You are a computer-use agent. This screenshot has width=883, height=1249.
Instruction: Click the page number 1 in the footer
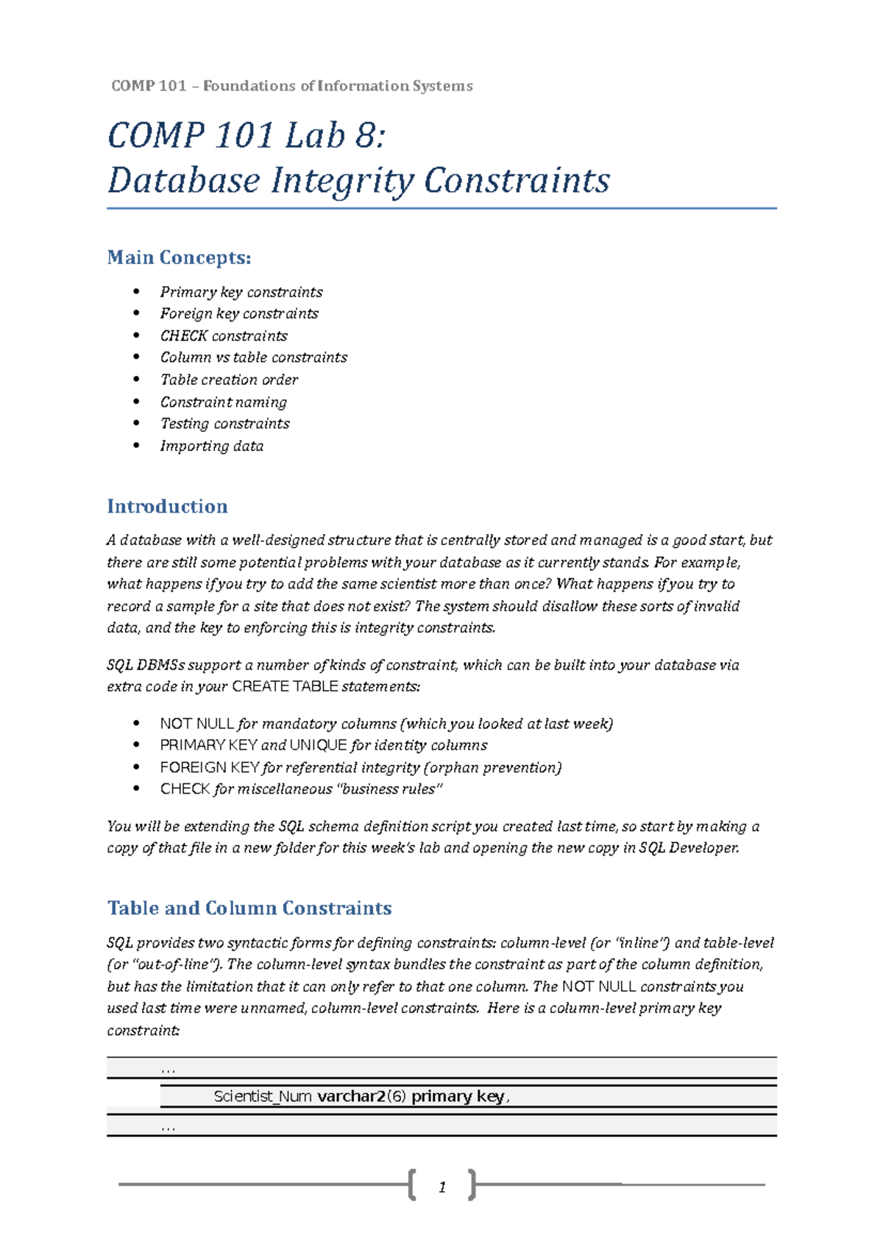click(x=442, y=1186)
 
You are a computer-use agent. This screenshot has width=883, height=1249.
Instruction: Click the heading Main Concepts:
click(x=179, y=257)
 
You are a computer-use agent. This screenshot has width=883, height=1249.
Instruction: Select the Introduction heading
click(x=167, y=506)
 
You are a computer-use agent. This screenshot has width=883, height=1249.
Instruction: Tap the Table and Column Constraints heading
click(x=249, y=908)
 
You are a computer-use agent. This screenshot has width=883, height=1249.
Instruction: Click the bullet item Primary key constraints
click(x=241, y=292)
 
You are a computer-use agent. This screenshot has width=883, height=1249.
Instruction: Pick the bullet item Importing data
click(x=212, y=446)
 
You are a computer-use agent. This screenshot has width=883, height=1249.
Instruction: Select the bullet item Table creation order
click(x=229, y=380)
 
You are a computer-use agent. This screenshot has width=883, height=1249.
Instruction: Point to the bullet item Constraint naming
click(x=224, y=402)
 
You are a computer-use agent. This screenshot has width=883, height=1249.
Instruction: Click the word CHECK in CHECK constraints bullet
click(x=183, y=336)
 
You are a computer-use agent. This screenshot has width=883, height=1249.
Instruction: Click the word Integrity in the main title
click(x=341, y=181)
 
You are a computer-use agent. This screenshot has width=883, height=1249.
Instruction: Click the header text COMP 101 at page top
click(x=149, y=86)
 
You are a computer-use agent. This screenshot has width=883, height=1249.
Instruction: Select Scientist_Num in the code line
click(x=263, y=1096)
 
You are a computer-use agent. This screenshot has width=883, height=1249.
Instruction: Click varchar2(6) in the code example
click(x=361, y=1096)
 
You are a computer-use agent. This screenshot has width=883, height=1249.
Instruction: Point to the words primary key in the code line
click(x=458, y=1096)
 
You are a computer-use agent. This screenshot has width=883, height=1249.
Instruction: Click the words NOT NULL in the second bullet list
click(x=196, y=724)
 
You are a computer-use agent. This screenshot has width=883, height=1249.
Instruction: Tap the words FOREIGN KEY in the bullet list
click(x=209, y=767)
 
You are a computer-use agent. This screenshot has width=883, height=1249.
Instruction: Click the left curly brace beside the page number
click(x=412, y=1184)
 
